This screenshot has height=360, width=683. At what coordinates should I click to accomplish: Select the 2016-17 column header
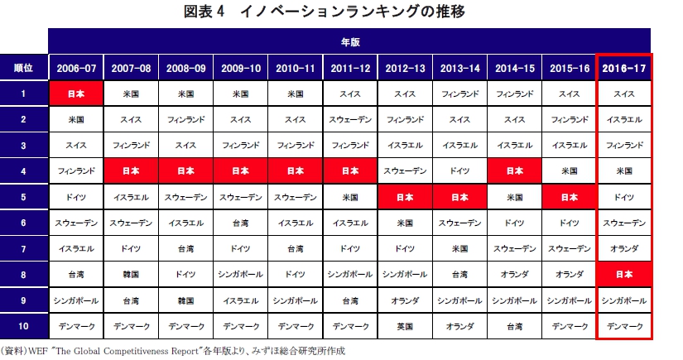point(624,68)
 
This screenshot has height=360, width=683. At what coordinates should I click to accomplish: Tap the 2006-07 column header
point(76,68)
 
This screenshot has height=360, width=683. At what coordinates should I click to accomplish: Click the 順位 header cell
point(24,68)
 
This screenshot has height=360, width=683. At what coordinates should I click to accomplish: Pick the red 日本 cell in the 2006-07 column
point(76,94)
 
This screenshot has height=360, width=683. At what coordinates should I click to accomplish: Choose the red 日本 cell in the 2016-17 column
point(624,274)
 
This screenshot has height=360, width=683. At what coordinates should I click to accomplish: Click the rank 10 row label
point(24,325)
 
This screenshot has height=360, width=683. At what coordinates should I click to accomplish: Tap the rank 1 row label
point(24,94)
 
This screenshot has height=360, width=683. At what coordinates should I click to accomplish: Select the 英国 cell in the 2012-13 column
point(405,325)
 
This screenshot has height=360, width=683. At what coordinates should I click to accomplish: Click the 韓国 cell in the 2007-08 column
point(131,274)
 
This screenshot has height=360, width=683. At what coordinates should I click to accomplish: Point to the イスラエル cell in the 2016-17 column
point(624,119)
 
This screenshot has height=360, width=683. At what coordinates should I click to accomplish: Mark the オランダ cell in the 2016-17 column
point(624,248)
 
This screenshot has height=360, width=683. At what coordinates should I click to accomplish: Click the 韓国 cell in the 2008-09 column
point(185,300)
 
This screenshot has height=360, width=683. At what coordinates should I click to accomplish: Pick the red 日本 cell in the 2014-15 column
point(514,171)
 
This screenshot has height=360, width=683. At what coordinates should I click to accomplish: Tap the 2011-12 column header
point(350,68)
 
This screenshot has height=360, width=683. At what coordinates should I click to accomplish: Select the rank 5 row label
point(24,197)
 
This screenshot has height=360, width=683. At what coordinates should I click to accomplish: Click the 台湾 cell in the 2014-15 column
point(514,325)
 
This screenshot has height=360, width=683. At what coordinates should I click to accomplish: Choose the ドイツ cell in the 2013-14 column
point(459,171)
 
